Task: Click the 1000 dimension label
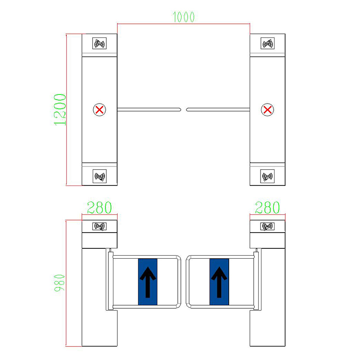pos(184,17)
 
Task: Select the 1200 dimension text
pos(60,110)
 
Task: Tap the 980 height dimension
pos(60,283)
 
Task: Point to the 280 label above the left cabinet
pos(99,207)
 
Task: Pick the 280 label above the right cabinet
pos(267,207)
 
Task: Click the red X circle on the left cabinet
pos(99,110)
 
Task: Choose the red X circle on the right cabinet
pos(267,110)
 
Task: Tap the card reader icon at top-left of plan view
pos(99,43)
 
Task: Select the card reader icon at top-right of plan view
pos(267,43)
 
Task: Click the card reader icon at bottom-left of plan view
pos(99,176)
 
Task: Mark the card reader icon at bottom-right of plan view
pos(267,176)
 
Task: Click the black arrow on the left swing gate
pos(148,282)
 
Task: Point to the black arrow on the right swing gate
pos(219,282)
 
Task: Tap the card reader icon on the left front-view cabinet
pos(99,226)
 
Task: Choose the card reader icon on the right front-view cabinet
pos(267,226)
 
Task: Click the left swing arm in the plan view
pos(149,110)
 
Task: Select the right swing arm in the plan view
pos(218,110)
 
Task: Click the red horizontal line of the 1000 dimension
pos(184,24)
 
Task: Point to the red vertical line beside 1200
pos(66,110)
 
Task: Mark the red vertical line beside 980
pos(66,283)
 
